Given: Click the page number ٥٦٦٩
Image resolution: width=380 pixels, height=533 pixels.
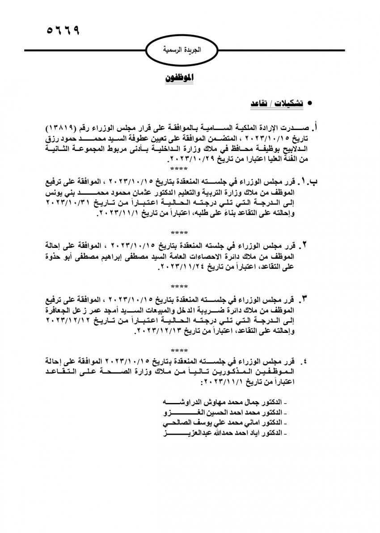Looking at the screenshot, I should [x=63, y=31].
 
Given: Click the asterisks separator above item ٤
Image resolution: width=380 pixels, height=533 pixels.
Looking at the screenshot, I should [x=179, y=349].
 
